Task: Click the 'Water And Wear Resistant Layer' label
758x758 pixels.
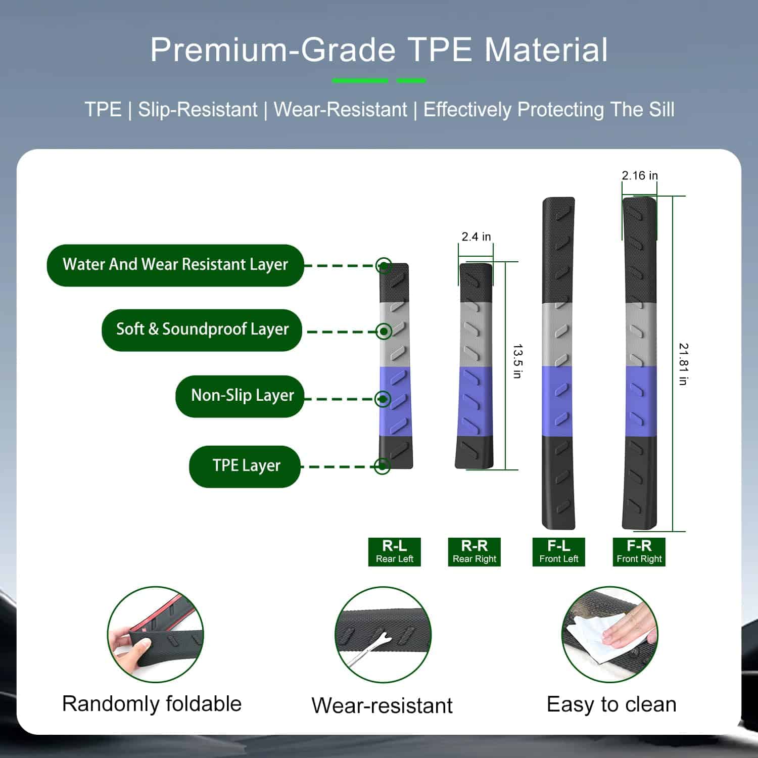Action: [175, 265]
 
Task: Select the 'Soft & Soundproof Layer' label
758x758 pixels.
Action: [202, 330]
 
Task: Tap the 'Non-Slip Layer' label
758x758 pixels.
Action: [240, 396]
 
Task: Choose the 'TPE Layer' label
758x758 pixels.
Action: [245, 466]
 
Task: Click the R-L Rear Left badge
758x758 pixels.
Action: [395, 552]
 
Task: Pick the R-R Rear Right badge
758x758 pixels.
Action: [475, 552]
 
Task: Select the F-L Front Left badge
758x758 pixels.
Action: [559, 552]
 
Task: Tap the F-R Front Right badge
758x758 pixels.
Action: [639, 552]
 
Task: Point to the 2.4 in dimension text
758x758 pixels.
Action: [476, 236]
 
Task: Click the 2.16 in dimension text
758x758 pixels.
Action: [640, 175]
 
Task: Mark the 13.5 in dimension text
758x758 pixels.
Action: [517, 361]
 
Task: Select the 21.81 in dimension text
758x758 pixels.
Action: [683, 364]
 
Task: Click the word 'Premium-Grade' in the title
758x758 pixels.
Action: [273, 50]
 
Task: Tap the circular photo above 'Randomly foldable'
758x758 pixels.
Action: [156, 635]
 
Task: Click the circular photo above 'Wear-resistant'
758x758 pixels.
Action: [383, 635]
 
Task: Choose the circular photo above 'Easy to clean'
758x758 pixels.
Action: [610, 635]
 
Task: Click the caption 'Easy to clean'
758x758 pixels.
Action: [611, 704]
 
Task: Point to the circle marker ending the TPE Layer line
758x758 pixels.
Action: [383, 466]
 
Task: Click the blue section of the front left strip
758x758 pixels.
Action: [558, 401]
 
